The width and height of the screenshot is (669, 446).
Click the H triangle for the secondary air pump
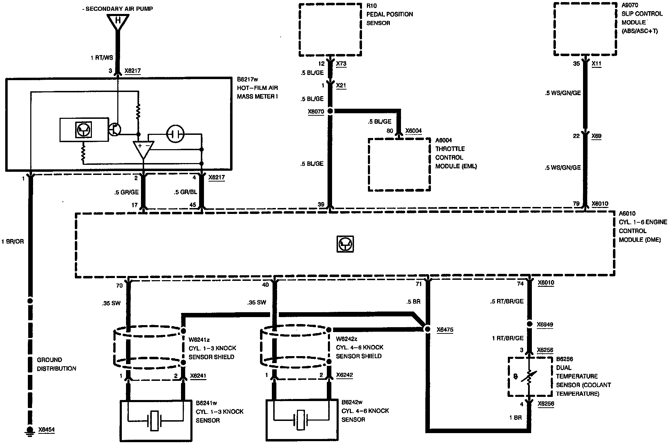(118, 22)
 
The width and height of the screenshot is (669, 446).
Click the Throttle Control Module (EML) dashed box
(399, 164)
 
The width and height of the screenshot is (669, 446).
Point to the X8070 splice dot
(330, 111)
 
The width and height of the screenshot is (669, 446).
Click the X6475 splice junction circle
(427, 329)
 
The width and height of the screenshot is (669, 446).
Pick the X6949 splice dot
(529, 324)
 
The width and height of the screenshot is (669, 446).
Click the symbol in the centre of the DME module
(345, 244)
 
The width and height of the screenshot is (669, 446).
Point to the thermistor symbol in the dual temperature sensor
(529, 378)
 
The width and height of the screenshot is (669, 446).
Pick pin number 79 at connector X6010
(576, 204)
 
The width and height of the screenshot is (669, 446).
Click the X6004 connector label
(414, 131)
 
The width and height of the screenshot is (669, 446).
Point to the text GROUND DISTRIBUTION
(56, 364)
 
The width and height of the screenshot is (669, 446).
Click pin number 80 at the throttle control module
(390, 131)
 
